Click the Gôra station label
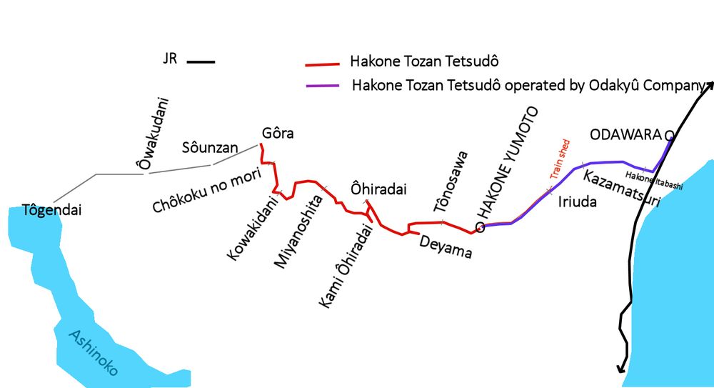pos(278,134)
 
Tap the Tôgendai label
pos(52,210)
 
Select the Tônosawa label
pos(453,181)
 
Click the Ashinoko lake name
pos(94,353)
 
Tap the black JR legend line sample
pos(201,62)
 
